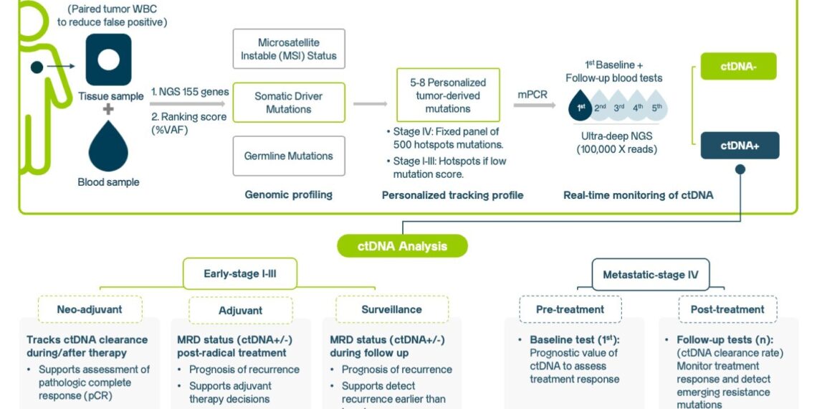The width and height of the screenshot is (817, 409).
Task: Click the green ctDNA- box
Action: (x=737, y=66)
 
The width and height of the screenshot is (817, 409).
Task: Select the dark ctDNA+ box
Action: (x=739, y=145)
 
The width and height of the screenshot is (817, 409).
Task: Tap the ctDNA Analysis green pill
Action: (x=402, y=246)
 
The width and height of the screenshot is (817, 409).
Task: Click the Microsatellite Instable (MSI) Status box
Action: (x=289, y=49)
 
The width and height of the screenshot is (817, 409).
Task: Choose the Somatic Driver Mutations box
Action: (x=289, y=103)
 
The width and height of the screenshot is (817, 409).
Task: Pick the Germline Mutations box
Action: (x=289, y=156)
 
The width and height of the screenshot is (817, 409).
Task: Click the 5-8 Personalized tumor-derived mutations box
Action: (x=448, y=95)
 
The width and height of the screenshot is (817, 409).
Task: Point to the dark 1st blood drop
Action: (x=581, y=108)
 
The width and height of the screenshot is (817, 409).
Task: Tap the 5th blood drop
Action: (x=659, y=108)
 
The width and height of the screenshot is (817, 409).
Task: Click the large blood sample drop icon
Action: (x=108, y=146)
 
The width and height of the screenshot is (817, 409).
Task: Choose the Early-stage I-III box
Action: (x=240, y=273)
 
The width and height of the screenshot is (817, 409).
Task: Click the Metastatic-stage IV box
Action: (x=651, y=273)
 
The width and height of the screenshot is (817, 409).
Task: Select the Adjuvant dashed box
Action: (x=240, y=310)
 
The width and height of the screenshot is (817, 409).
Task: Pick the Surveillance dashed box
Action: (x=386, y=309)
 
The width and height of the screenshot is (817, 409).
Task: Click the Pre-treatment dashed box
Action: (x=570, y=309)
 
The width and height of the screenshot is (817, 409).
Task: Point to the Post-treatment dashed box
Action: (x=727, y=309)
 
